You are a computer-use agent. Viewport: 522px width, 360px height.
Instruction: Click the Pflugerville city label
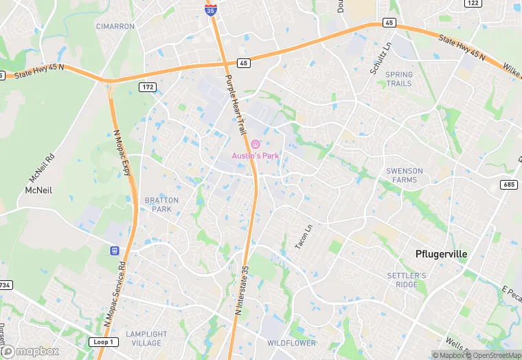click(x=441, y=254)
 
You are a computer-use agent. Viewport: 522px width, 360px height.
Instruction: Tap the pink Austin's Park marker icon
click(x=256, y=144)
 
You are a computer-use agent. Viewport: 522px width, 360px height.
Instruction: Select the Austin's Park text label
click(x=255, y=156)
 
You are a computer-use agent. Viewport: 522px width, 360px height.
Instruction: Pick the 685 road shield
click(x=509, y=184)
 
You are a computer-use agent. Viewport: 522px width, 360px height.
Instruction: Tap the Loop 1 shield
click(x=103, y=342)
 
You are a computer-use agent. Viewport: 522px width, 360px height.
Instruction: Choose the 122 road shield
click(x=472, y=3)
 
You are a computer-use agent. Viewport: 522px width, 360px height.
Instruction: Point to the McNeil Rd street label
click(x=43, y=166)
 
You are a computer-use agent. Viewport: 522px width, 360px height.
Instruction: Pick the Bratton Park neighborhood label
click(x=161, y=205)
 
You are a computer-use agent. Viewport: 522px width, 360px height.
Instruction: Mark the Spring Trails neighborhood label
click(x=399, y=79)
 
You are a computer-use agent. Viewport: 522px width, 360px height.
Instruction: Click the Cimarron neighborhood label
click(x=115, y=27)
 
